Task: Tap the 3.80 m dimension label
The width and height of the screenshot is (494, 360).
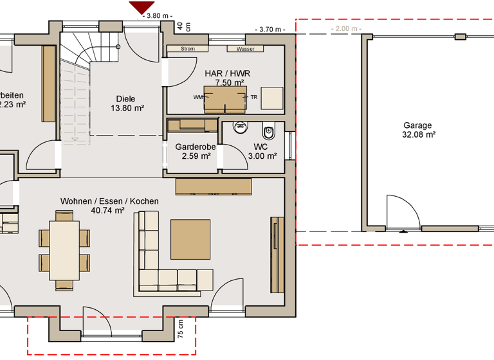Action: pyautogui.click(x=158, y=16)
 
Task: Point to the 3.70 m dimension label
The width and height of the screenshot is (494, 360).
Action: pyautogui.click(x=269, y=30)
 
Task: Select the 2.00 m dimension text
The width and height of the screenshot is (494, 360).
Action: pyautogui.click(x=345, y=29)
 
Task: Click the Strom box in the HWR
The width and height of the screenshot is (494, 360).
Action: pyautogui.click(x=188, y=49)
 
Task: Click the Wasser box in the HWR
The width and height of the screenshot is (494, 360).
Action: pyautogui.click(x=245, y=49)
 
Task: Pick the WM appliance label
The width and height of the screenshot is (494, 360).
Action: pyautogui.click(x=197, y=97)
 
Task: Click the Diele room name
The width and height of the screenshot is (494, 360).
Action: pyautogui.click(x=125, y=98)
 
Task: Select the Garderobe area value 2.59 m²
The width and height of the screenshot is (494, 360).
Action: pyautogui.click(x=196, y=156)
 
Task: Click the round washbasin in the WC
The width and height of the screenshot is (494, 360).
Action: pyautogui.click(x=241, y=127)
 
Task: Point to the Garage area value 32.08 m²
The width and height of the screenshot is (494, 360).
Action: pyautogui.click(x=417, y=135)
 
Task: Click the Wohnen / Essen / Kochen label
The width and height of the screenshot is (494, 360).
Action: pyautogui.click(x=109, y=201)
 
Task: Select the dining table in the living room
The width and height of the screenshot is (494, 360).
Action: pyautogui.click(x=64, y=250)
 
